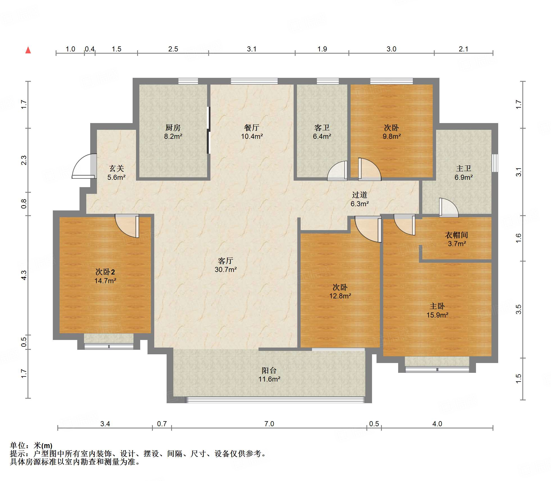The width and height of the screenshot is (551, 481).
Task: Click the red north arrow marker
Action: [x=28, y=50]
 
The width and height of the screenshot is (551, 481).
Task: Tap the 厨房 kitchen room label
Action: [x=173, y=128]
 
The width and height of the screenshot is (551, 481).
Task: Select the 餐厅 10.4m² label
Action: [x=252, y=132]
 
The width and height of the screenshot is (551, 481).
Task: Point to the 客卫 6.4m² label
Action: [x=322, y=132]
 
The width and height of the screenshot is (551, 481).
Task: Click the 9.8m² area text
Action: [x=391, y=137]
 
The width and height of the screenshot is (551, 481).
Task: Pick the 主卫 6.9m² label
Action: [x=464, y=173]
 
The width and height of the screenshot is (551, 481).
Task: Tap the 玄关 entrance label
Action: [x=116, y=169]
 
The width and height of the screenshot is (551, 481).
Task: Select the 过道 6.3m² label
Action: [x=359, y=199]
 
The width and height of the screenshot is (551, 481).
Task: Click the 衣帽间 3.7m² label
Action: [x=457, y=239]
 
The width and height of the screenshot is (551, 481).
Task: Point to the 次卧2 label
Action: [x=105, y=272]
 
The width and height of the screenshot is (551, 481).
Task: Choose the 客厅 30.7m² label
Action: [x=226, y=265]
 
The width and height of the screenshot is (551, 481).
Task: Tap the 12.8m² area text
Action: [x=340, y=296]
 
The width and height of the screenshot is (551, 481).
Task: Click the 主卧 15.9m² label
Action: [x=437, y=310]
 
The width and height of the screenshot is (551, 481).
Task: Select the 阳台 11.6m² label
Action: [x=269, y=375]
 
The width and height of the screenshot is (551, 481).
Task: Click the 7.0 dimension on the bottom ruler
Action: [x=269, y=424]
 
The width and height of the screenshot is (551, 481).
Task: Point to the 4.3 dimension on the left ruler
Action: [x=24, y=275]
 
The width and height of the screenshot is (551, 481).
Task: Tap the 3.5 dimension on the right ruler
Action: [x=518, y=309]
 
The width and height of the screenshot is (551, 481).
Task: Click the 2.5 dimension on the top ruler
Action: [x=173, y=49]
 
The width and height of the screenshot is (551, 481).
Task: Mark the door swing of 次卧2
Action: [x=127, y=226]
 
